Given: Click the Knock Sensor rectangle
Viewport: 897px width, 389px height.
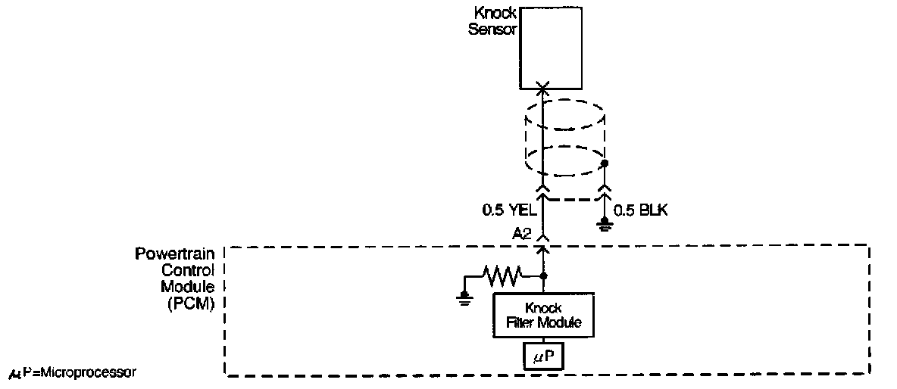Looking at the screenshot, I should pos(551,48).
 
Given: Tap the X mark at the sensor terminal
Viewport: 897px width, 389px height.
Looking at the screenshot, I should pos(542,89).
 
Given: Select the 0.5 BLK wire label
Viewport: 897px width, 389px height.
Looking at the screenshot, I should pos(641,210).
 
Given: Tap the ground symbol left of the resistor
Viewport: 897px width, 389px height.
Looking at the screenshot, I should pos(464,299).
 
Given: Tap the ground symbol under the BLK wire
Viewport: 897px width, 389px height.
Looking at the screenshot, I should pos(605,223).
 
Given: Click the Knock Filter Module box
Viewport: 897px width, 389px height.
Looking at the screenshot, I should pos(543,315).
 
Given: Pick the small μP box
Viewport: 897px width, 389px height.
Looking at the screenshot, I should pos(543,355).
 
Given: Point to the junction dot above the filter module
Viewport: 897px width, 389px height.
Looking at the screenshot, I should pos(542,277).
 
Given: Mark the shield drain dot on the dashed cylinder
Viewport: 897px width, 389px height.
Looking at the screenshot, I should pos(605,163).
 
